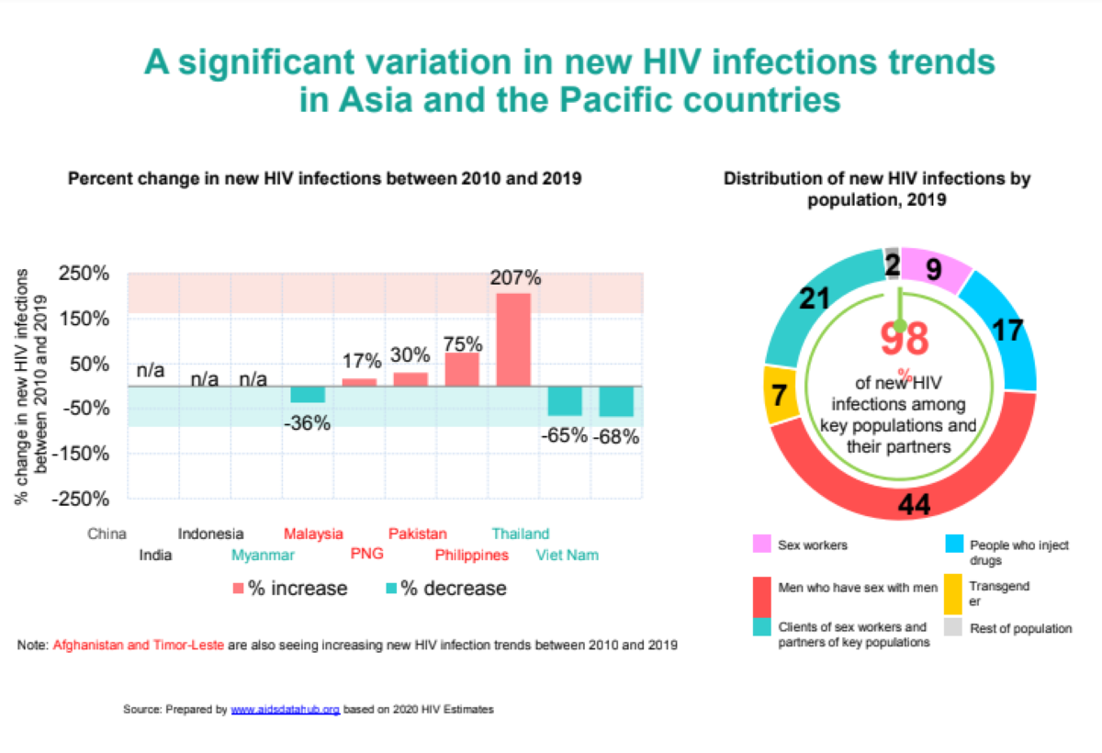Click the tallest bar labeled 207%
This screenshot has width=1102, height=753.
[513, 339]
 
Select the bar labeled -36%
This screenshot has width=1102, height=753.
[308, 394]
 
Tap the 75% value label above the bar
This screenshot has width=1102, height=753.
[463, 343]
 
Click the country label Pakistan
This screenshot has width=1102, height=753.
[417, 534]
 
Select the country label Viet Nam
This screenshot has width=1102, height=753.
[567, 556]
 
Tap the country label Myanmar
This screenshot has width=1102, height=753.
[263, 556]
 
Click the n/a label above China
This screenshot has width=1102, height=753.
[151, 370]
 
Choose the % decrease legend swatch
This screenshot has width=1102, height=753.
[391, 588]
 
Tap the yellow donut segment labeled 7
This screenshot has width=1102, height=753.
[780, 397]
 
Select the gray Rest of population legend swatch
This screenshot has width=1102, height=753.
[955, 628]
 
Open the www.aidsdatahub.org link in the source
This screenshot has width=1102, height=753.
[285, 710]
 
